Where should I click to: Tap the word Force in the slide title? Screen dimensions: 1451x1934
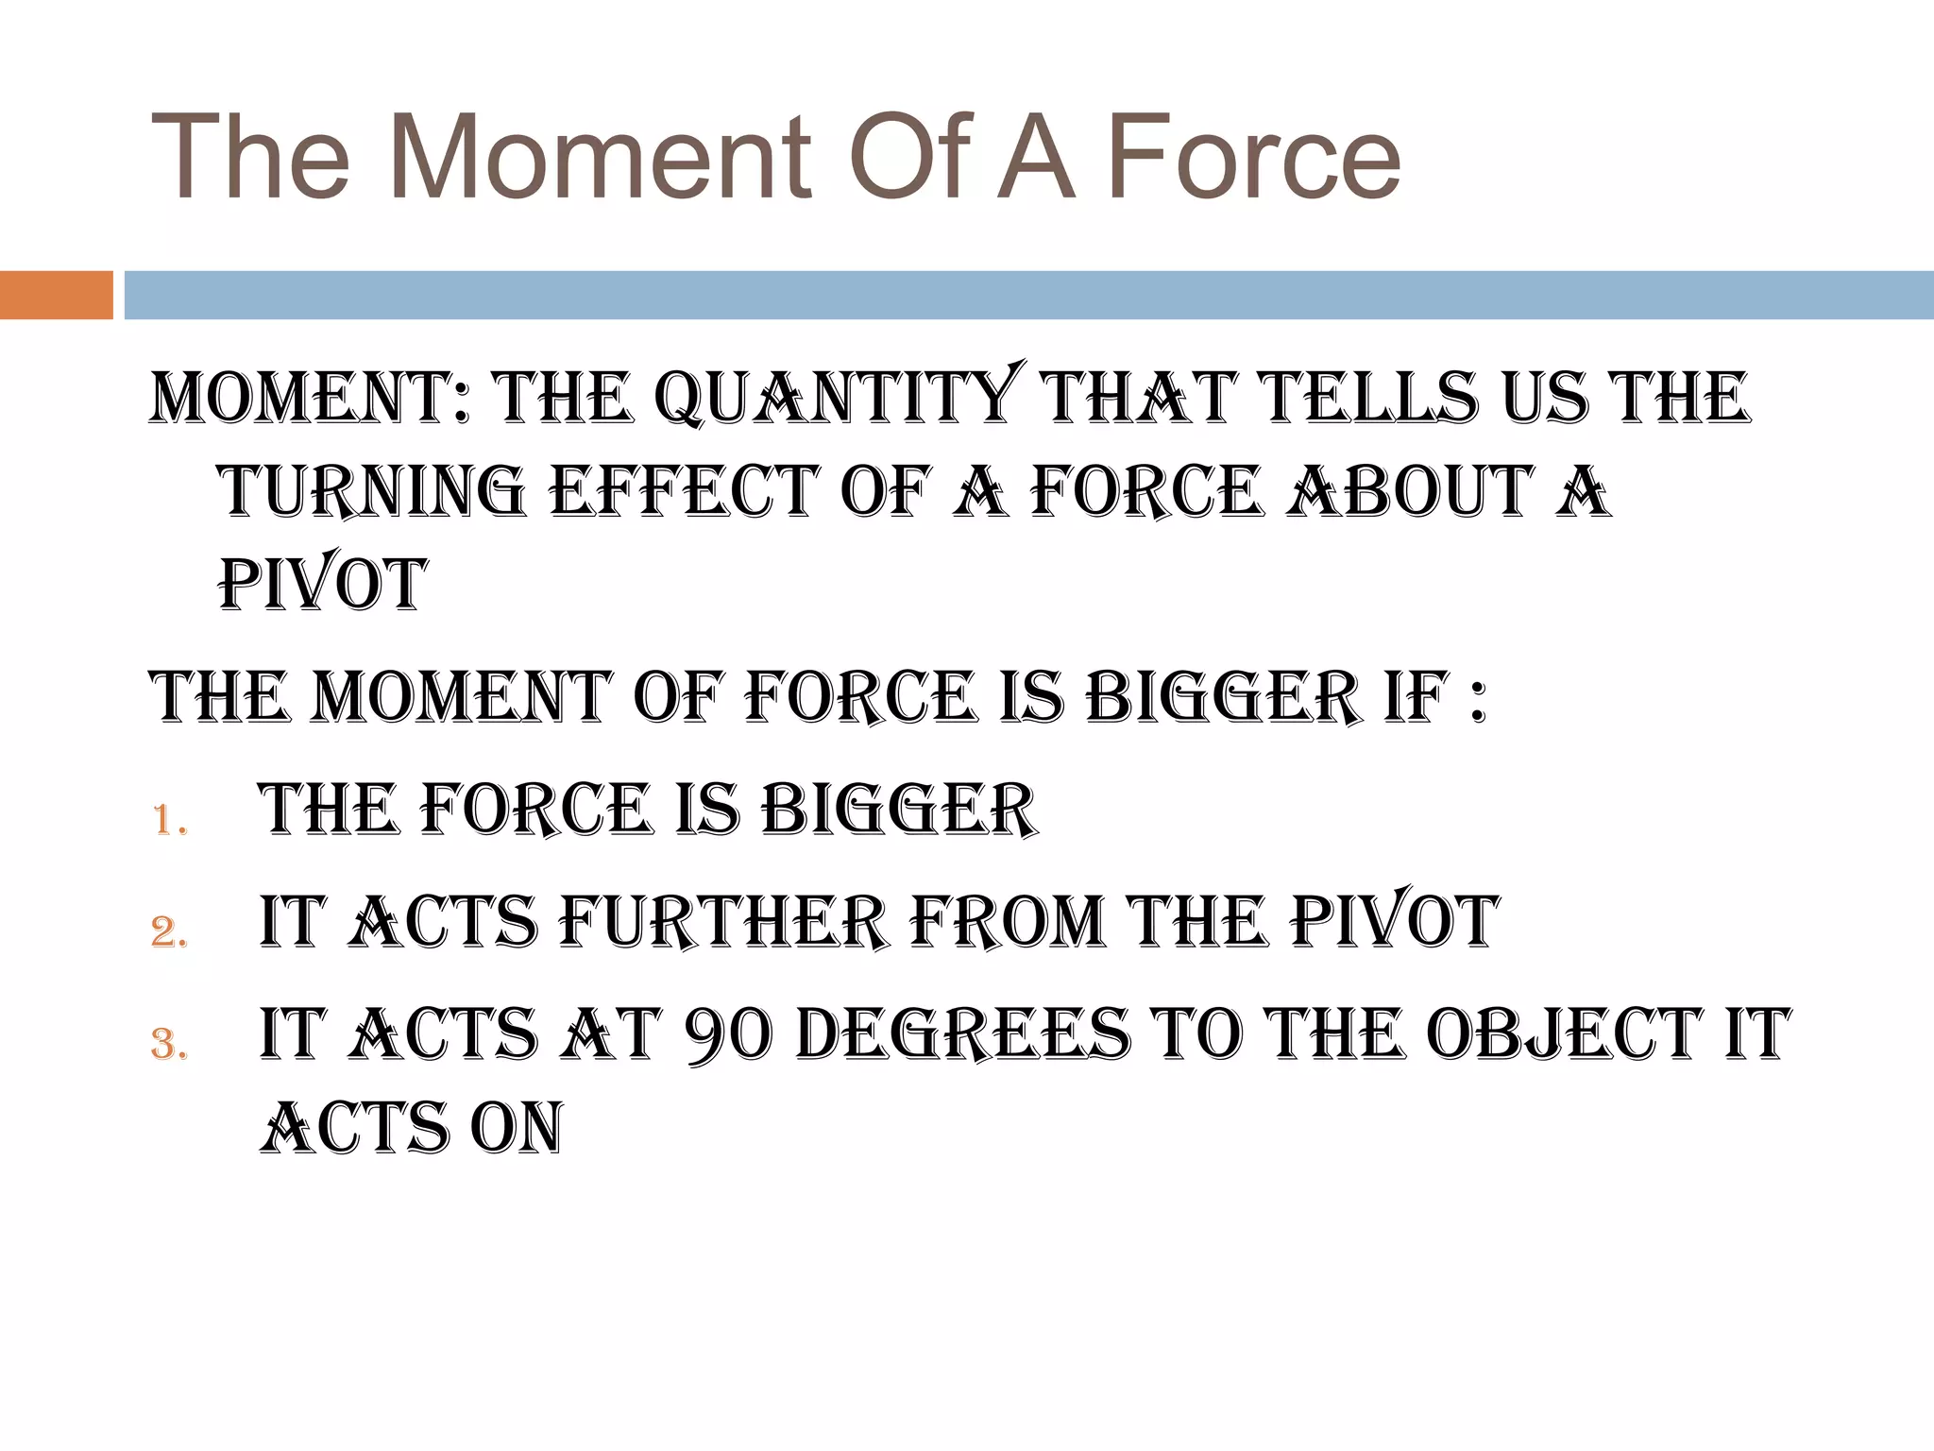pos(1257,158)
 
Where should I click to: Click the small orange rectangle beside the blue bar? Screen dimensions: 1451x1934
pos(56,295)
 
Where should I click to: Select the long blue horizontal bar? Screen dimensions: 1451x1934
pos(1028,295)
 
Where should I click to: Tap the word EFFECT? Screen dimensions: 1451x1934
pos(681,491)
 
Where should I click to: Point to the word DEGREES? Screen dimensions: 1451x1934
pos(963,1034)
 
